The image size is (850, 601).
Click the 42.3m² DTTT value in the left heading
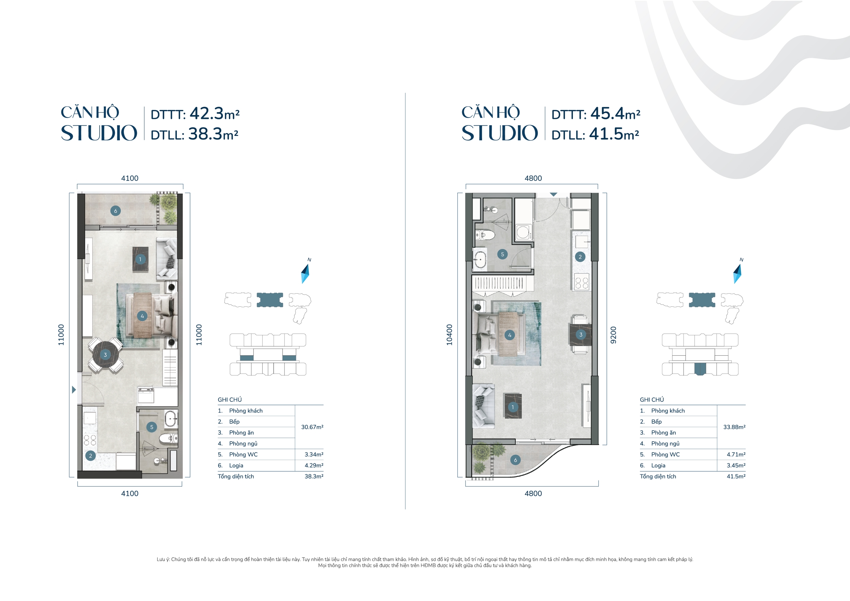pos(214,114)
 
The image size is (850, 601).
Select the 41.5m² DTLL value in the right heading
pos(614,134)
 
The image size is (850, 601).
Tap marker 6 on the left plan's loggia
pos(116,211)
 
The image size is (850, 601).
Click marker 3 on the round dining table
pos(105,355)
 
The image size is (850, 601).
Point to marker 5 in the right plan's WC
pos(502,254)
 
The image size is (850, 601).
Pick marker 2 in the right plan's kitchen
pos(580,256)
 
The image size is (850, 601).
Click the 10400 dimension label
pos(450,335)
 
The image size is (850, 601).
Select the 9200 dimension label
pos(614,335)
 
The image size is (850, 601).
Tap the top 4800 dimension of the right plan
pos(533,178)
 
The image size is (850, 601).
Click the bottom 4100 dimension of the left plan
pos(129,493)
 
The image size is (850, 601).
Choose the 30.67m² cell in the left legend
pos(312,427)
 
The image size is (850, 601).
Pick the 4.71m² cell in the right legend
pos(736,454)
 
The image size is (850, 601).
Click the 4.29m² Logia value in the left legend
pos(314,465)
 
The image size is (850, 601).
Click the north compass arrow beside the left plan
pos(306,273)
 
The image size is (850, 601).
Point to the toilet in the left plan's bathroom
pos(167,439)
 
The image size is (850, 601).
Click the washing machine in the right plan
pos(523,232)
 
